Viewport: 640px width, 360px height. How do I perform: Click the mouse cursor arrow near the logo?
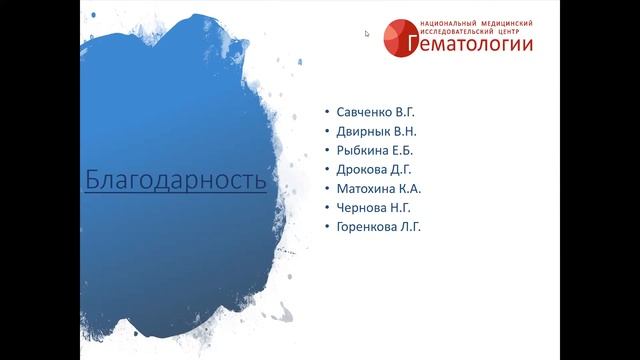tap(368, 34)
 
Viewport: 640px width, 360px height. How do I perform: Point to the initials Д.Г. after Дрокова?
tap(401, 169)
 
